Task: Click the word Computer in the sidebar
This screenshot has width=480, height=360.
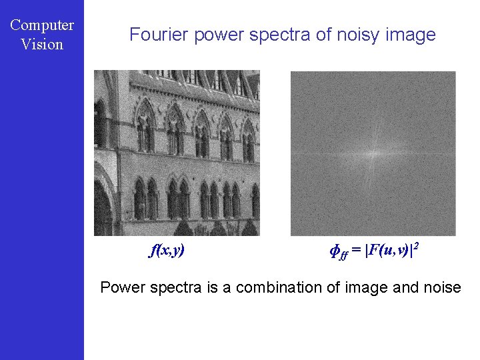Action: (x=42, y=25)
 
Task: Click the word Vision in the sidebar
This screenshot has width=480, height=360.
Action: (x=42, y=45)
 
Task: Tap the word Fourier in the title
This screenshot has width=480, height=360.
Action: (x=159, y=35)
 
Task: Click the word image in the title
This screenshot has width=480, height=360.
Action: (x=411, y=35)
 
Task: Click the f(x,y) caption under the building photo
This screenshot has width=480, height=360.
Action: (x=167, y=251)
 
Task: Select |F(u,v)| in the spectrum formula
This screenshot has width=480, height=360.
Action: (x=388, y=251)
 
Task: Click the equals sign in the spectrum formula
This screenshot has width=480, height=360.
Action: (x=357, y=251)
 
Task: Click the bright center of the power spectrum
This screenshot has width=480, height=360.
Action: (x=373, y=153)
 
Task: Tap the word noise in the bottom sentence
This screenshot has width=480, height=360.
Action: (x=440, y=287)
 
